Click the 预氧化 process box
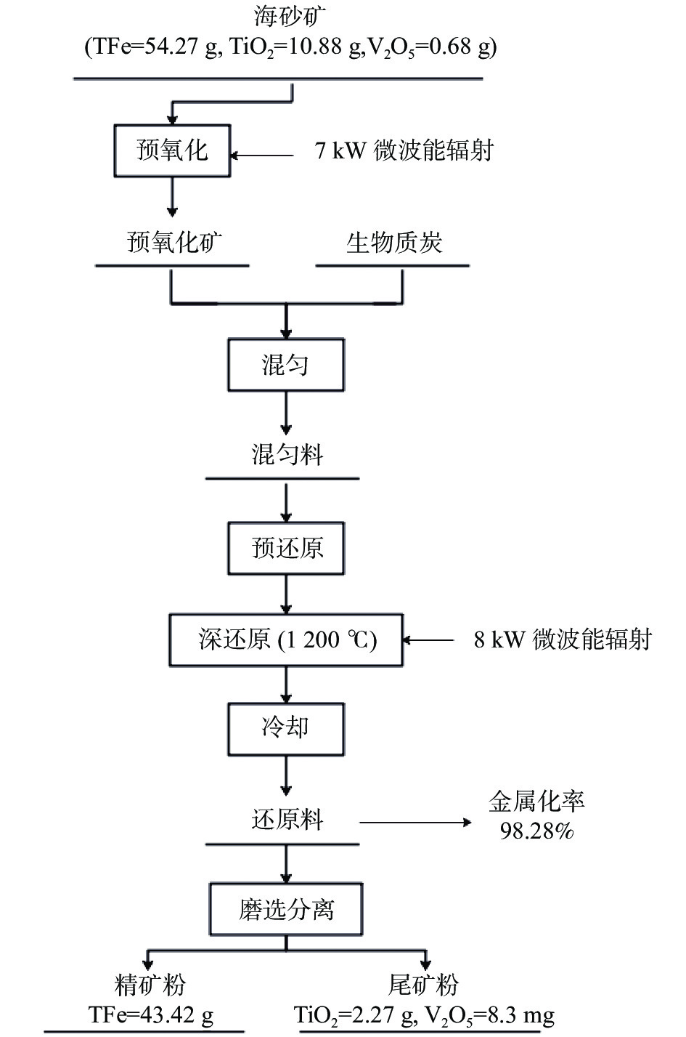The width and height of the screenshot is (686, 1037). (172, 151)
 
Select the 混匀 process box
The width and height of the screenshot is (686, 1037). (286, 364)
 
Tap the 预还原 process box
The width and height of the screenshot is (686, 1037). (286, 548)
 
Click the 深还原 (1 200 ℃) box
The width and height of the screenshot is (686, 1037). (286, 640)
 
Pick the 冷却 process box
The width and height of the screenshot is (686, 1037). (286, 728)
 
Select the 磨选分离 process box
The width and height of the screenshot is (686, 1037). (286, 909)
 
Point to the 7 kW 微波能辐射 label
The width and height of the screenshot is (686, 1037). (404, 151)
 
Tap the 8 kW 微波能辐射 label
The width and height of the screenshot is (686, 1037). (563, 640)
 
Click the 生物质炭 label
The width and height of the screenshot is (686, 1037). (394, 242)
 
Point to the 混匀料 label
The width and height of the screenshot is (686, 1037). (286, 456)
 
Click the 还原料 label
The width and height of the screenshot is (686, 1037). (286, 820)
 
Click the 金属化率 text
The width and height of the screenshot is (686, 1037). (537, 802)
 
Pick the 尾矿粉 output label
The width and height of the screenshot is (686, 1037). (423, 985)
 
